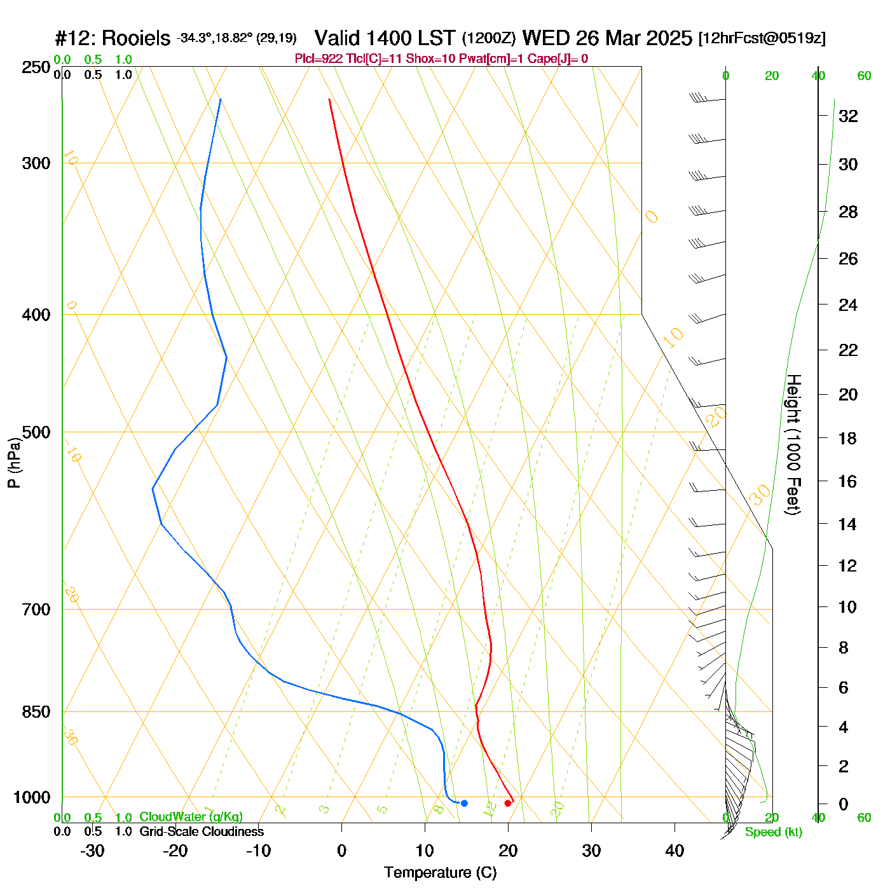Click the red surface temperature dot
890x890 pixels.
[x=507, y=803]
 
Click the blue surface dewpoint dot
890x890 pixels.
[x=464, y=803]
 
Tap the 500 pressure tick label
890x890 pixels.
[x=36, y=432]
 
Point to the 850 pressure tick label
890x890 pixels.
[x=36, y=712]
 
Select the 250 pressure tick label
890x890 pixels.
[x=36, y=67]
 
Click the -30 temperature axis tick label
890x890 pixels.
[x=93, y=851]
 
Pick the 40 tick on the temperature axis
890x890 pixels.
[x=674, y=851]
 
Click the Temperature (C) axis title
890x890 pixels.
[x=440, y=873]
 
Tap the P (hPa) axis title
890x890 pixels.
[x=14, y=463]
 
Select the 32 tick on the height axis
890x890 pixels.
[x=848, y=116]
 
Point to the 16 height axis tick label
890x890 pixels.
[x=848, y=481]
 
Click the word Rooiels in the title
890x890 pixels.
[x=136, y=38]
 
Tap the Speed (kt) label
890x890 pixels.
[x=774, y=832]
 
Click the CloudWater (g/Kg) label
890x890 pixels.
[x=191, y=817]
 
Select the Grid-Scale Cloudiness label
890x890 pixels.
[x=202, y=832]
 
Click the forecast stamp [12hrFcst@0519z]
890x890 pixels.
[x=762, y=38]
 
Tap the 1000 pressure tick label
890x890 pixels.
[x=32, y=798]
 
